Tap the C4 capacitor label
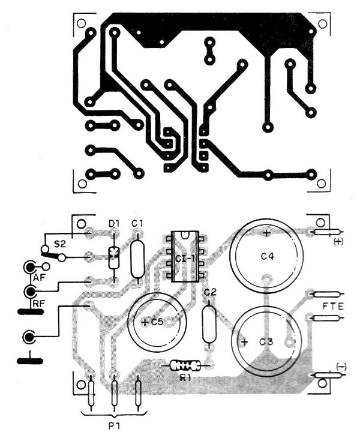click(x=267, y=257)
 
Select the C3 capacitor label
click(x=266, y=342)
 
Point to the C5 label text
click(x=158, y=322)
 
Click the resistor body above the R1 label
click(x=185, y=365)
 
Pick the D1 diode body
click(x=113, y=258)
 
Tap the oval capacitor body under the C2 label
click(x=209, y=324)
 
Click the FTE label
click(x=334, y=307)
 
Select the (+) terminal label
click(x=338, y=242)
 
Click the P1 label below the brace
click(x=114, y=426)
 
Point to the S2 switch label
click(x=59, y=244)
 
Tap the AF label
click(x=39, y=278)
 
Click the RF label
click(x=39, y=304)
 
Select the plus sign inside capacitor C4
click(x=266, y=233)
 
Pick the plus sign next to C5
click(x=145, y=322)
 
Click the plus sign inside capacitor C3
click(x=244, y=342)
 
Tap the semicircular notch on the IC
click(x=185, y=235)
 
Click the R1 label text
click(x=185, y=378)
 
